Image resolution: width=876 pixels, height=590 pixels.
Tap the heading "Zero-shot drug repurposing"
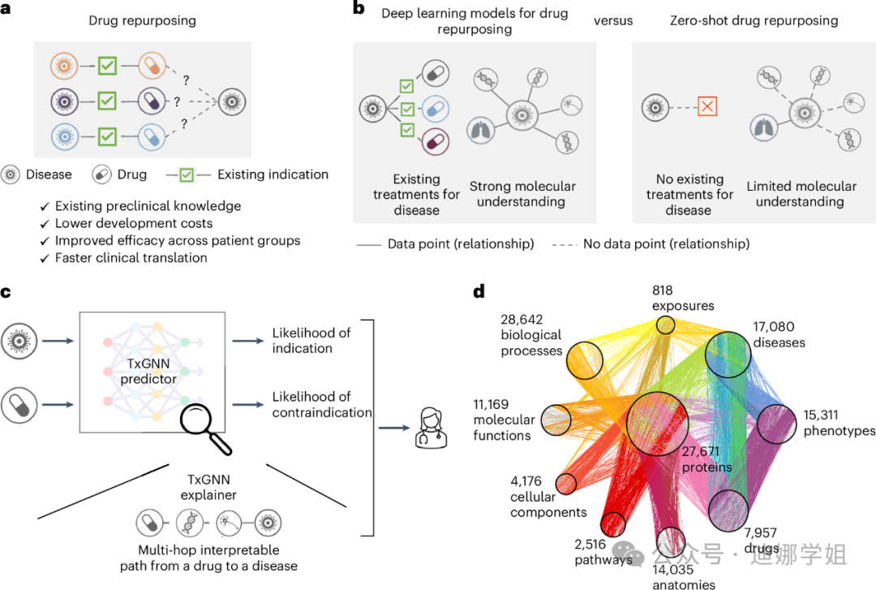point(754,19)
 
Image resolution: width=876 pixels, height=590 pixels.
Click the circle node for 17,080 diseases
point(733,354)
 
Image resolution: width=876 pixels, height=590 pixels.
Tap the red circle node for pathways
point(613,525)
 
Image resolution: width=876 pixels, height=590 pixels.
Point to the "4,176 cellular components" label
point(547,496)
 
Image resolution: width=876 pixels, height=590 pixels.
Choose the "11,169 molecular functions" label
point(504,420)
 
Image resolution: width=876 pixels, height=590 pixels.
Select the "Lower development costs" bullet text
point(134,223)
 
